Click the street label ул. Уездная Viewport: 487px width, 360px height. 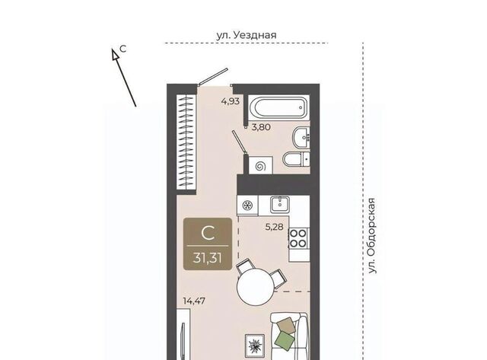coord(247,35)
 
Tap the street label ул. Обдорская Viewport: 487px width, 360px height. coord(372,236)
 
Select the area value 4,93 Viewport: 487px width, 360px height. coord(230,101)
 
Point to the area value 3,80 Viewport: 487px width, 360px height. coord(261,127)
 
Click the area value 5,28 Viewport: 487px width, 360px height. coord(274,227)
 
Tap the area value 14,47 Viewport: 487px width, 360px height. coord(194,301)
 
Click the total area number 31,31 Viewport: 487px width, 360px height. coord(208,258)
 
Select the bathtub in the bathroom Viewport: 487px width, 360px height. coord(279,107)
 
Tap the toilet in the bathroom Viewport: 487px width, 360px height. coord(296,159)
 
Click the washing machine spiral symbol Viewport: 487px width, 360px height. coord(260,165)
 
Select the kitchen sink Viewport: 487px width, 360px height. coord(280,205)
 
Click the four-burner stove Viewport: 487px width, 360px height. coord(298,238)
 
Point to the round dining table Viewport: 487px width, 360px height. coord(256,287)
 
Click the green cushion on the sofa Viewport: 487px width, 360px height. coord(285,339)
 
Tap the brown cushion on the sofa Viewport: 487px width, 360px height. coord(286,324)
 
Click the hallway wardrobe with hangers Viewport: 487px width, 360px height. coord(186,142)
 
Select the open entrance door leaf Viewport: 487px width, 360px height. coord(214,76)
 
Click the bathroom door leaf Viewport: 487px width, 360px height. coord(240,142)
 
